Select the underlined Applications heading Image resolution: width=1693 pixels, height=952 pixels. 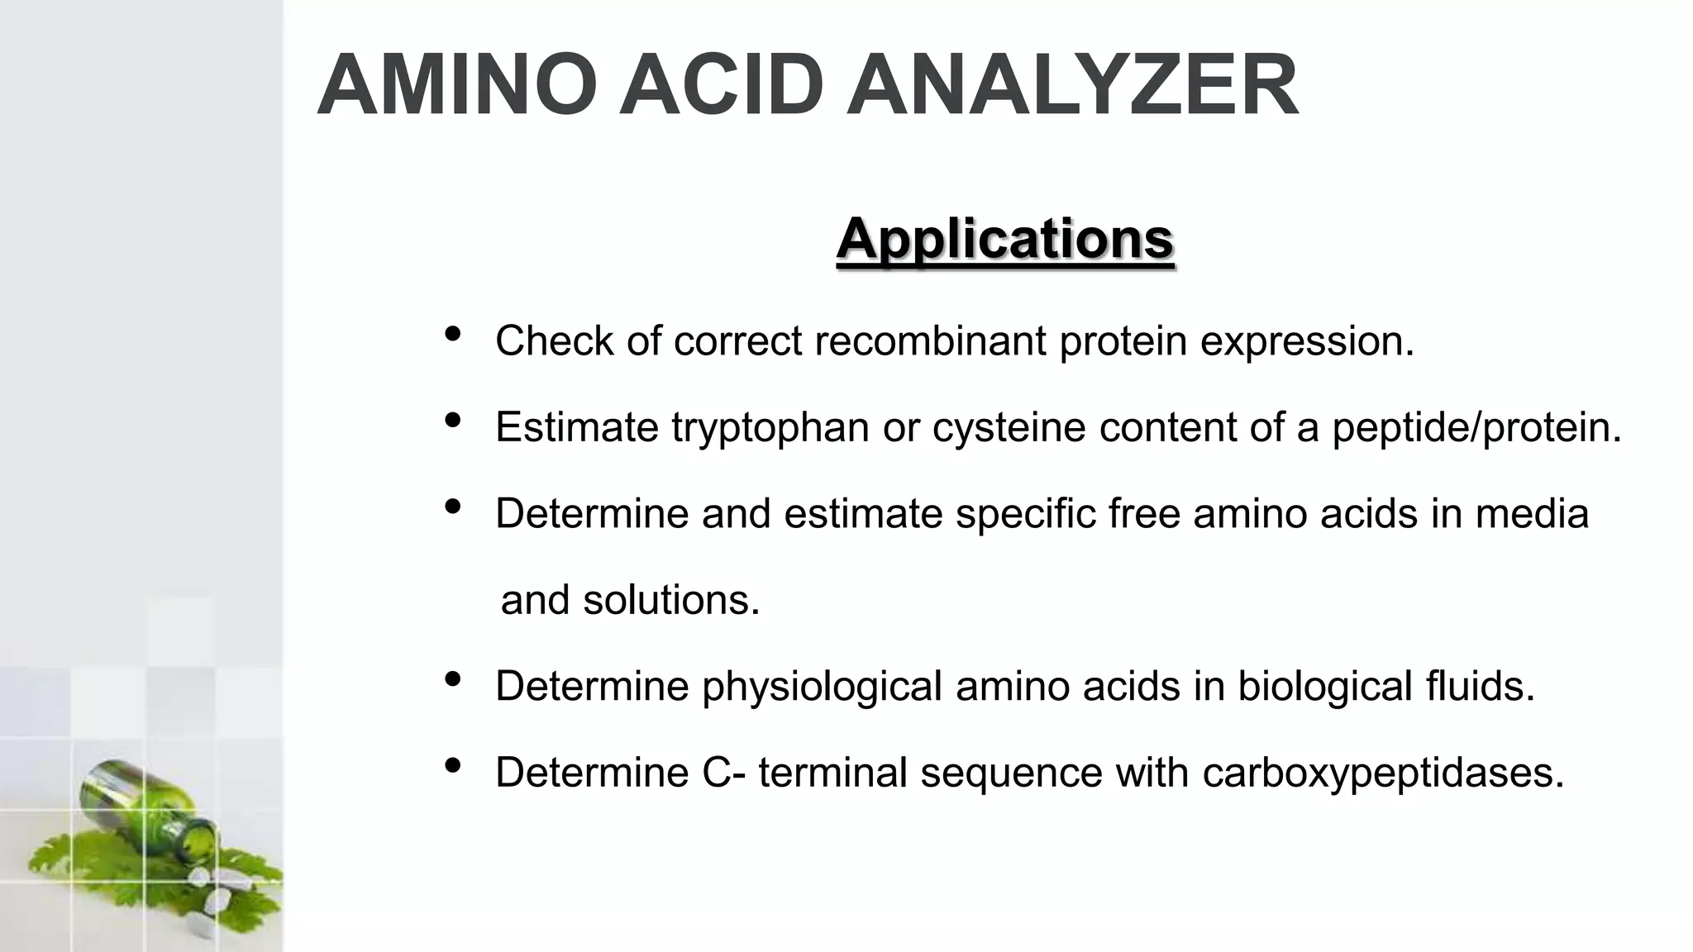(1004, 239)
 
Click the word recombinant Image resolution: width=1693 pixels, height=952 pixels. (930, 340)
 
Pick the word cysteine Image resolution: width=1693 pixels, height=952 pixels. (1009, 427)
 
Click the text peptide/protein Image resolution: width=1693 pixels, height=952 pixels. (1476, 427)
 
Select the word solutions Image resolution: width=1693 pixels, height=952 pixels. (670, 599)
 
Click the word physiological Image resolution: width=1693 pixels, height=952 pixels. (822, 686)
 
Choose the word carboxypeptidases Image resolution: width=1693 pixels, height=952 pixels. (1383, 773)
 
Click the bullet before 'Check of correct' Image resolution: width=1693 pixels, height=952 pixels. (452, 335)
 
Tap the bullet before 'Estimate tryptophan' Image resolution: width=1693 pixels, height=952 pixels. (452, 421)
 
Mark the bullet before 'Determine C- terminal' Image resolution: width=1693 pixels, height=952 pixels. (452, 766)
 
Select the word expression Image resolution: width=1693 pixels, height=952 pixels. (1307, 340)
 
